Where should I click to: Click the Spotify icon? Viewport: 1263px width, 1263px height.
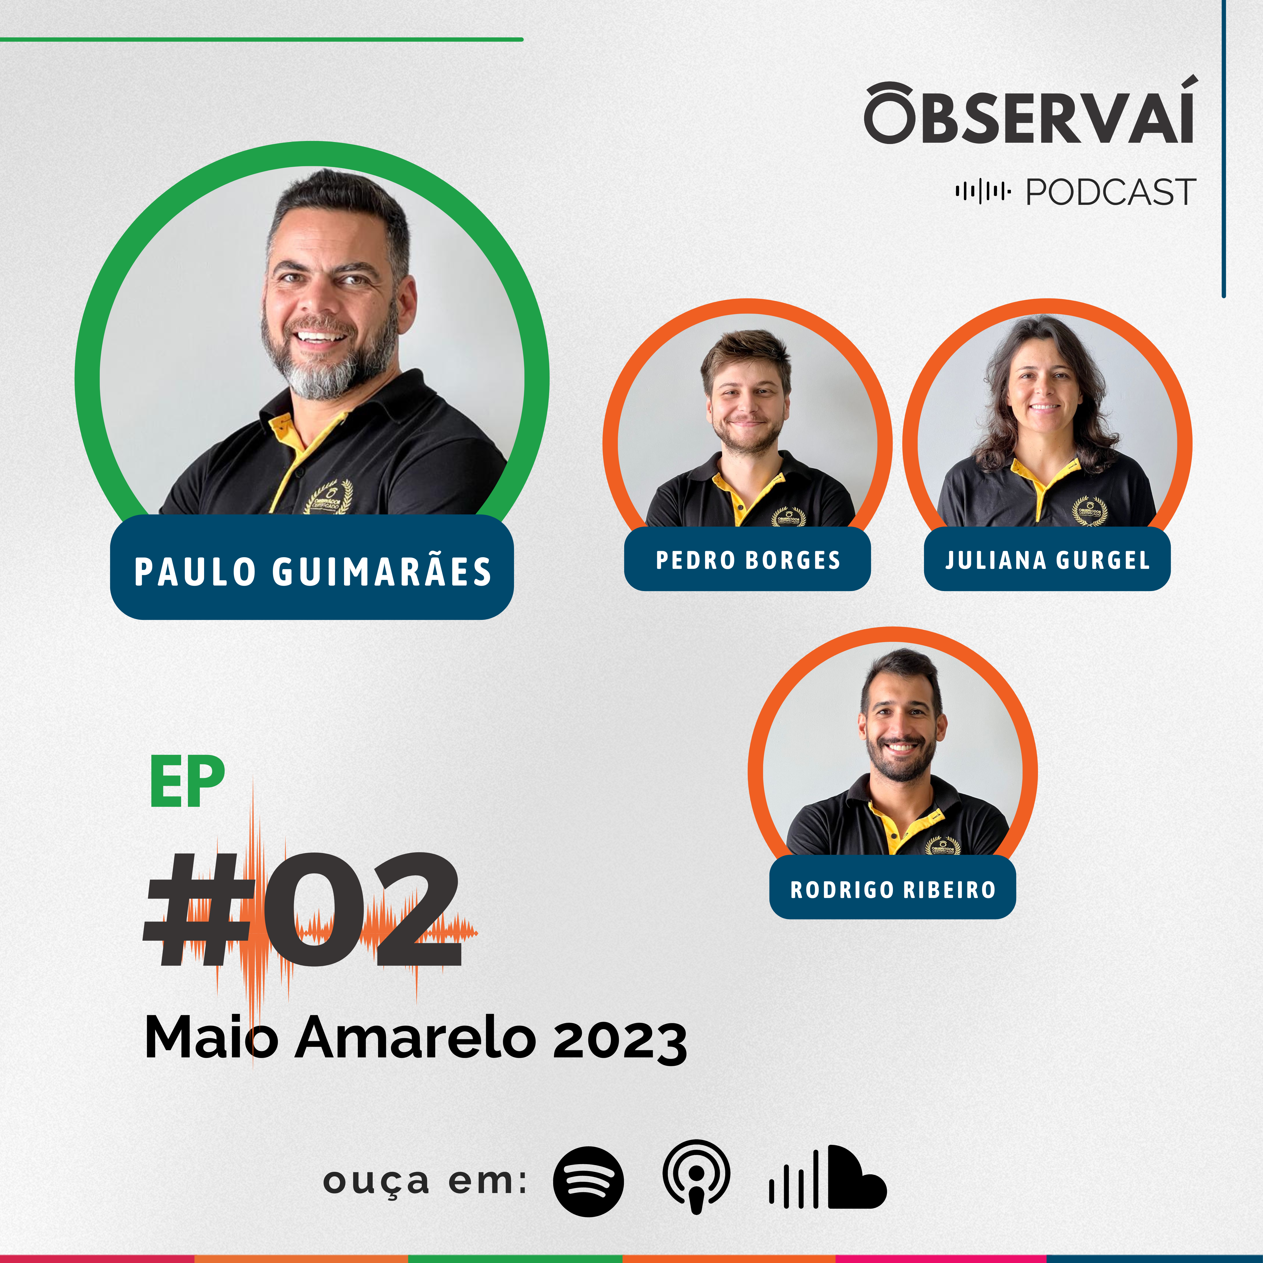pyautogui.click(x=588, y=1181)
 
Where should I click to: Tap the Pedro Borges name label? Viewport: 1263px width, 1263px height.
pyautogui.click(x=747, y=560)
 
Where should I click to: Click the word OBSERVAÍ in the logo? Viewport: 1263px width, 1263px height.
pyautogui.click(x=1030, y=111)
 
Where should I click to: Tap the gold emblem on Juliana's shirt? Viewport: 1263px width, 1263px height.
pyautogui.click(x=1090, y=511)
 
